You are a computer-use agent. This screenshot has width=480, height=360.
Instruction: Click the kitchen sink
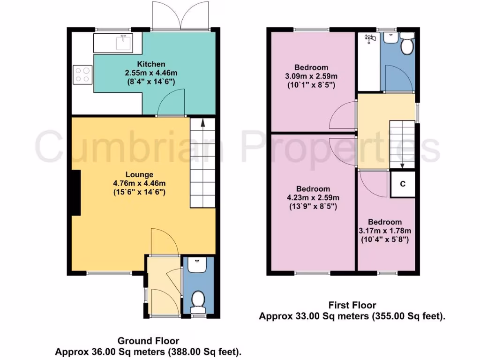point(124,43)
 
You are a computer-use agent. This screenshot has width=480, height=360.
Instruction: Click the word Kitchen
point(151,64)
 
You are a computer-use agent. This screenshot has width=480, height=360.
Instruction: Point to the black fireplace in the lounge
point(75,193)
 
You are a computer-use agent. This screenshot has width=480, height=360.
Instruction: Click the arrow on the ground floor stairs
point(202,122)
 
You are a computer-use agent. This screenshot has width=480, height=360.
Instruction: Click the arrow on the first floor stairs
point(403,165)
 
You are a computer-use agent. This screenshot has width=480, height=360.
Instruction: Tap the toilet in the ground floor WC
point(198,301)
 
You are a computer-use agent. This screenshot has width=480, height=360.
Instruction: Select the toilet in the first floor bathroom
point(406,45)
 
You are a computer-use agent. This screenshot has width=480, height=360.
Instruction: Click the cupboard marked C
point(402,184)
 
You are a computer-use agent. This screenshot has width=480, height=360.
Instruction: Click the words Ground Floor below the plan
point(148,341)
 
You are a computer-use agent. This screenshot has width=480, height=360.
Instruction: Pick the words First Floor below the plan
point(352,306)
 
